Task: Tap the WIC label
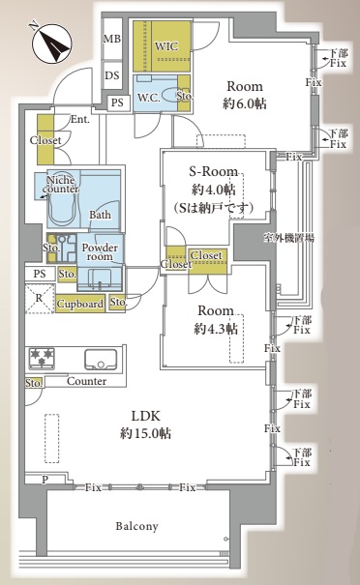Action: pos(166,46)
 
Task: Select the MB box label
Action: pos(112,38)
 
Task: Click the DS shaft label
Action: pos(112,75)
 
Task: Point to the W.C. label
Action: pos(149,98)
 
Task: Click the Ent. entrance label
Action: pos(80,119)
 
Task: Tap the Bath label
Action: pos(100,215)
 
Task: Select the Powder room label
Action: pos(100,251)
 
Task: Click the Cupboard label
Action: pos(80,304)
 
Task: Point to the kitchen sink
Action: pos(101,360)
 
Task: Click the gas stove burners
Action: pos(42,358)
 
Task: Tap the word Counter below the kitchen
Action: pos(86,381)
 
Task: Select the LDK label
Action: pos(145,416)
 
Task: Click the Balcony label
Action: pos(136,526)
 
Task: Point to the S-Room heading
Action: pos(213,171)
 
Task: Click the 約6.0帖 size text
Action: pos(245,103)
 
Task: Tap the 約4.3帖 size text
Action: pos(216,329)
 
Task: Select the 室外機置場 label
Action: pos(288,238)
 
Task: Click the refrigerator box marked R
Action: pos(40,299)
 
